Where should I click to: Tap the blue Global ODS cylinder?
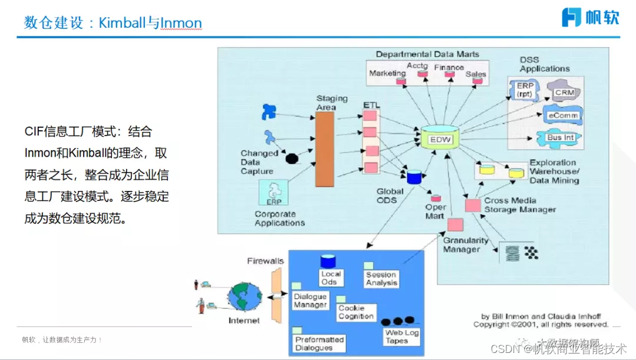click(415, 176)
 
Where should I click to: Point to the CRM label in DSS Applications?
click(564, 93)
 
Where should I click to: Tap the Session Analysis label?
click(381, 279)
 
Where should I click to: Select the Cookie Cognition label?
click(356, 312)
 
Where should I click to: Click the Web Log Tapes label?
click(402, 337)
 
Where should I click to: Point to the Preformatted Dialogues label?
click(319, 344)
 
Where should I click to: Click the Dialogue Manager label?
click(310, 301)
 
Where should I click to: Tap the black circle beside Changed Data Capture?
click(291, 158)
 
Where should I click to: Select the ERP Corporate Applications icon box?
click(273, 193)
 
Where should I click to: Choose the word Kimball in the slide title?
click(122, 23)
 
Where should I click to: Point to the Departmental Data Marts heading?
click(427, 54)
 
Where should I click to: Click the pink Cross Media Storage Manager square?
click(473, 206)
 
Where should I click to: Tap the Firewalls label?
click(265, 261)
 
